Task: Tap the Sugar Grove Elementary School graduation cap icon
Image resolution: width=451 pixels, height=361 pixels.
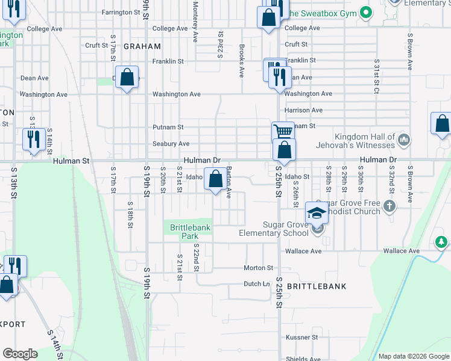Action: pyautogui.click(x=317, y=213)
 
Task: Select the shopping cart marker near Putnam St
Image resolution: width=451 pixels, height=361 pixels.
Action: pyautogui.click(x=283, y=131)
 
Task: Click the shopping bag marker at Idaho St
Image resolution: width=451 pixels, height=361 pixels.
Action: pyautogui.click(x=215, y=178)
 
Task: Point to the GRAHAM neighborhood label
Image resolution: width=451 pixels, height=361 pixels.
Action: pyautogui.click(x=142, y=46)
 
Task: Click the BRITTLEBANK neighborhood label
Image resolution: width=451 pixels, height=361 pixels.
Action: pyautogui.click(x=317, y=286)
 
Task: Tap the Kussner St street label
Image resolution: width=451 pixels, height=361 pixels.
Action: pyautogui.click(x=301, y=337)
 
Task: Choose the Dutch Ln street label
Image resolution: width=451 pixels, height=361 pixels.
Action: pyautogui.click(x=256, y=284)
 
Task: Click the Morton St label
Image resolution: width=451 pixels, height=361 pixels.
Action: pyautogui.click(x=259, y=268)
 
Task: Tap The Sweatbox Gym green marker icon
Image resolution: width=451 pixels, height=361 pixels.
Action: pyautogui.click(x=365, y=12)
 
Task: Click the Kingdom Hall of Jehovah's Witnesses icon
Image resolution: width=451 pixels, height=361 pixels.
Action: pyautogui.click(x=404, y=141)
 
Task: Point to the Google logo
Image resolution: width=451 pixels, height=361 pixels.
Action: pyautogui.click(x=20, y=354)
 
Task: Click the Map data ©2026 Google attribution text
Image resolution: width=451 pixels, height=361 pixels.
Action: pyautogui.click(x=414, y=356)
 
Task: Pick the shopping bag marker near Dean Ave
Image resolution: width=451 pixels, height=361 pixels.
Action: pyautogui.click(x=127, y=77)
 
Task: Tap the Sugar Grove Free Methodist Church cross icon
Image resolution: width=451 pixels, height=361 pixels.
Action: pyautogui.click(x=389, y=207)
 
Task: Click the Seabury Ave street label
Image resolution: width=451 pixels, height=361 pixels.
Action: pyautogui.click(x=171, y=144)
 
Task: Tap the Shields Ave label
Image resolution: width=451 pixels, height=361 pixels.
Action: pyautogui.click(x=303, y=359)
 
